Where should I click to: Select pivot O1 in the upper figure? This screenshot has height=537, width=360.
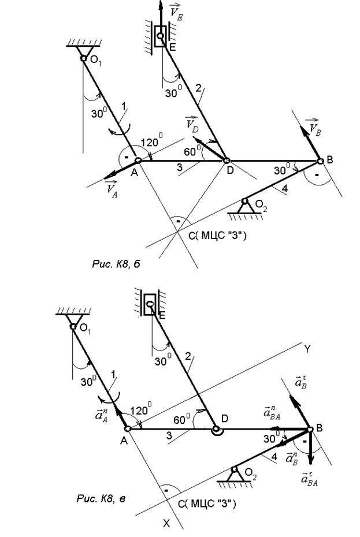83,58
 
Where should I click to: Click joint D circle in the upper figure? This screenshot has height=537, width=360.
227,161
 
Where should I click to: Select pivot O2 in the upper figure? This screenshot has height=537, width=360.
245,202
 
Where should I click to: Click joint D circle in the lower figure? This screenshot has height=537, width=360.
216,430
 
